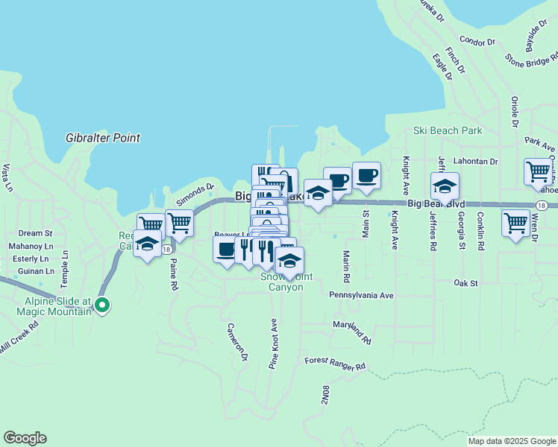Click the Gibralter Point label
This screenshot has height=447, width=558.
coord(103,138)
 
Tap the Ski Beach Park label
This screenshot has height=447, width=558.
coord(448,130)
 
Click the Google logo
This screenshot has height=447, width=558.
coord(25,438)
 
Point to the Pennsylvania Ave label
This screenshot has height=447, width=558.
coord(361,295)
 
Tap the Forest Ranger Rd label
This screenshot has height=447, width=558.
coord(335,364)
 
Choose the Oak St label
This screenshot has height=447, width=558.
coord(465,283)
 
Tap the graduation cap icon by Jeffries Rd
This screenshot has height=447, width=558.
coord(445,186)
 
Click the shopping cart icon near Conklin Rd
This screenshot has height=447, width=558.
coord(515,222)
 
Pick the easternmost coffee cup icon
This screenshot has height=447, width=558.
coord(366,175)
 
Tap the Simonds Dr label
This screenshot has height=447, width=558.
coord(195,195)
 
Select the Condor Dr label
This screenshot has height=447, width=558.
coord(477,41)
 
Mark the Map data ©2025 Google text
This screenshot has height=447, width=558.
coord(511,441)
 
